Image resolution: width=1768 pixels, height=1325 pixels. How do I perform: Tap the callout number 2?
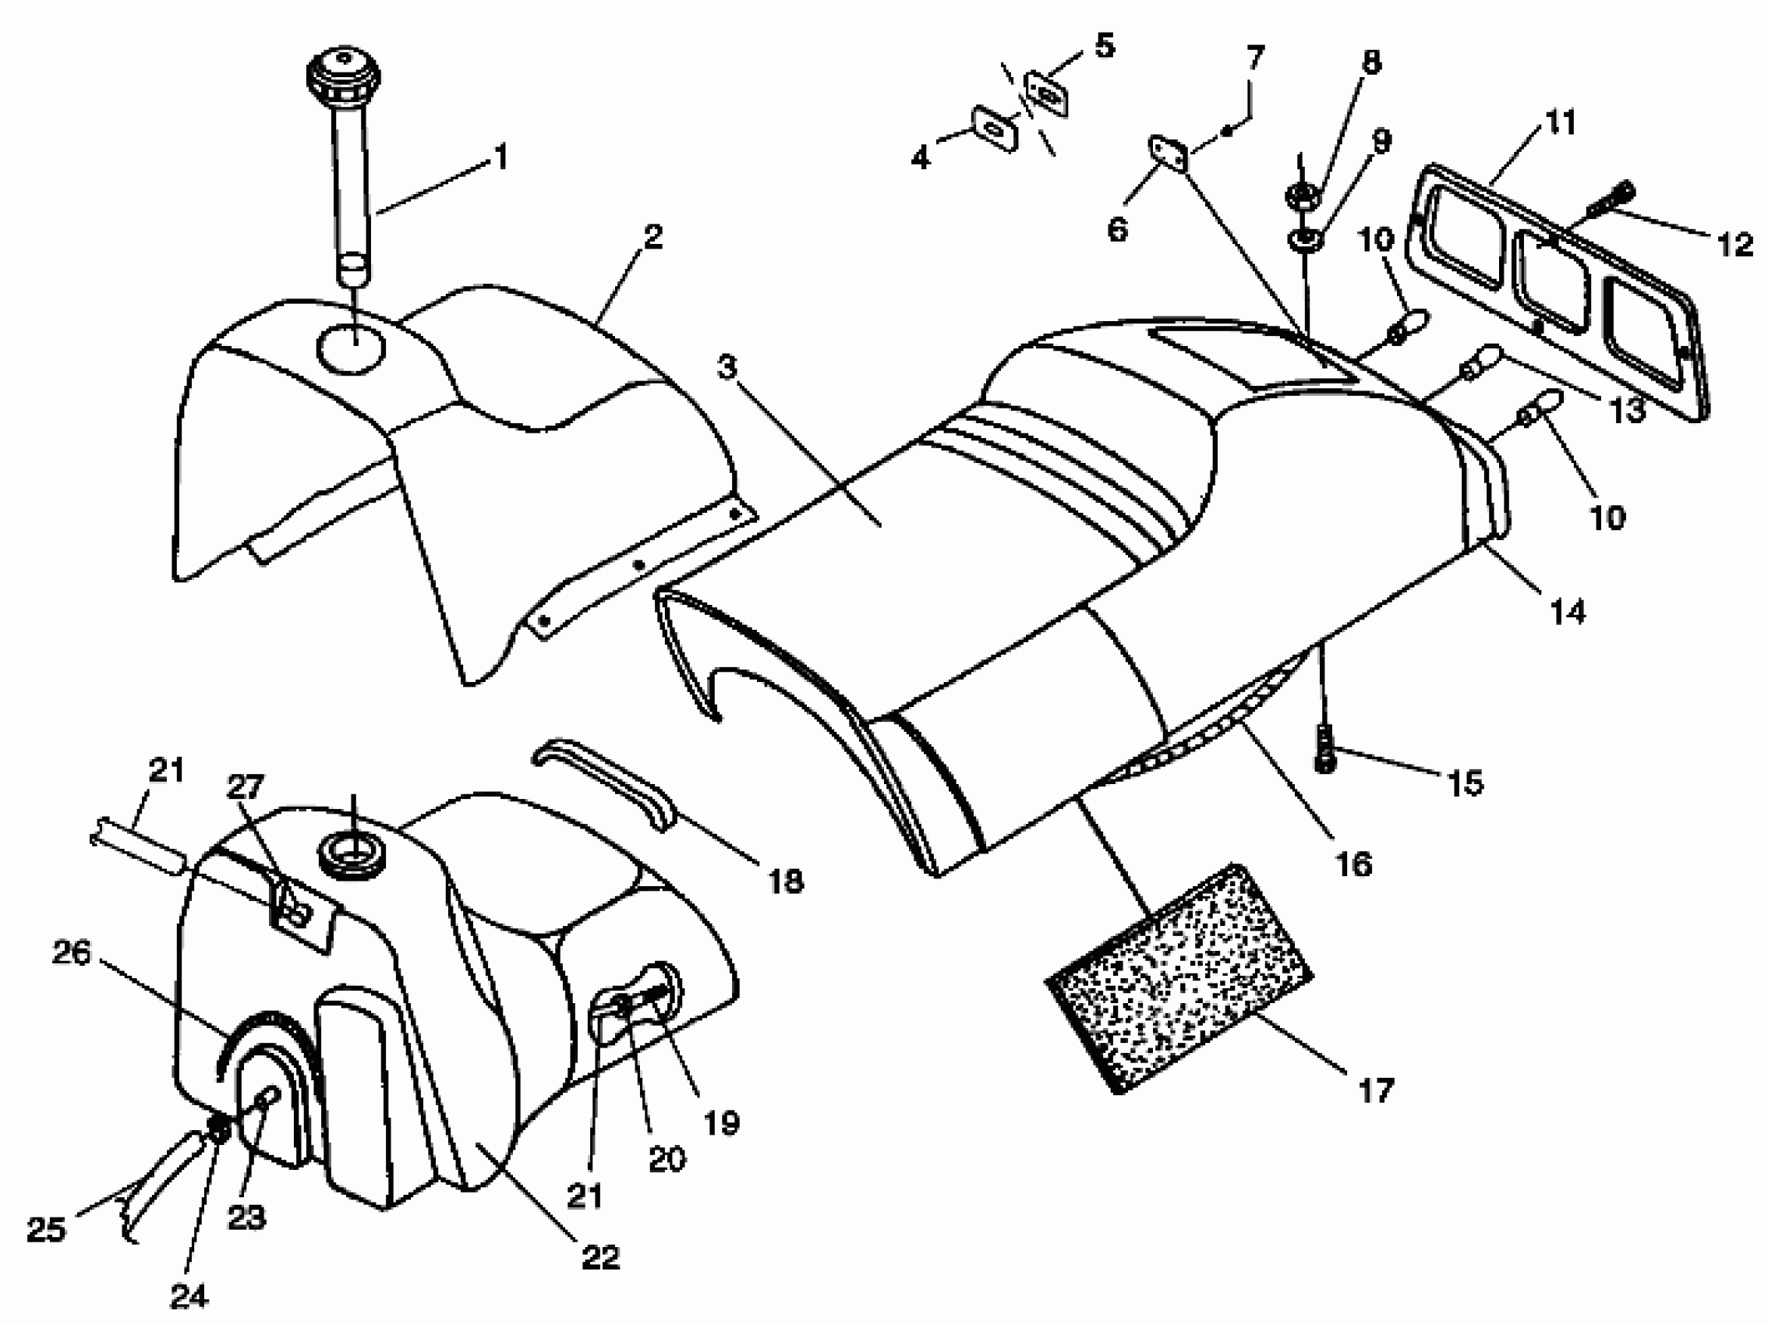pyautogui.click(x=653, y=238)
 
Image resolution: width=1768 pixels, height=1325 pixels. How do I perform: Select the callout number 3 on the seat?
pyautogui.click(x=726, y=369)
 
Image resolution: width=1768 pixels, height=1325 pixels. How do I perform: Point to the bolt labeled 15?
pyautogui.click(x=1324, y=749)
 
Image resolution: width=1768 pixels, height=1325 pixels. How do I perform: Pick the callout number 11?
pyautogui.click(x=1559, y=123)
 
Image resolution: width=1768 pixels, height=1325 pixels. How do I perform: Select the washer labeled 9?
pyautogui.click(x=1304, y=238)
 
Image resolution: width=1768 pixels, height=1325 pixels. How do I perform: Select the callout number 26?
pyautogui.click(x=71, y=953)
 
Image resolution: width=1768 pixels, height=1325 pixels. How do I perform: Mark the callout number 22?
pyautogui.click(x=600, y=1257)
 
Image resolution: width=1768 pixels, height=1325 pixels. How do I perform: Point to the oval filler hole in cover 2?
pyautogui.click(x=350, y=349)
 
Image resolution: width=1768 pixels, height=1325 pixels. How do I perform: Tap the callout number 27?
pyautogui.click(x=245, y=787)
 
